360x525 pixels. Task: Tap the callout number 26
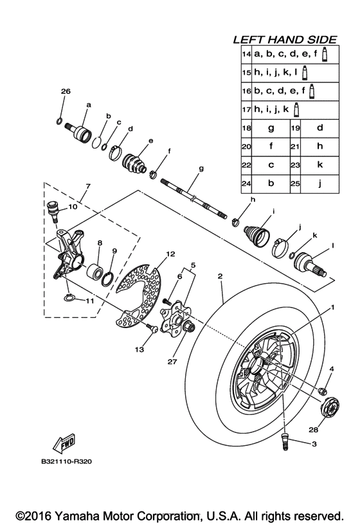[x=65, y=93]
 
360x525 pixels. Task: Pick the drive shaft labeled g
[x=193, y=196]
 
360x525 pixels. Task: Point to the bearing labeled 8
[x=100, y=268]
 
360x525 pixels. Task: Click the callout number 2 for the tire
[x=220, y=276]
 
